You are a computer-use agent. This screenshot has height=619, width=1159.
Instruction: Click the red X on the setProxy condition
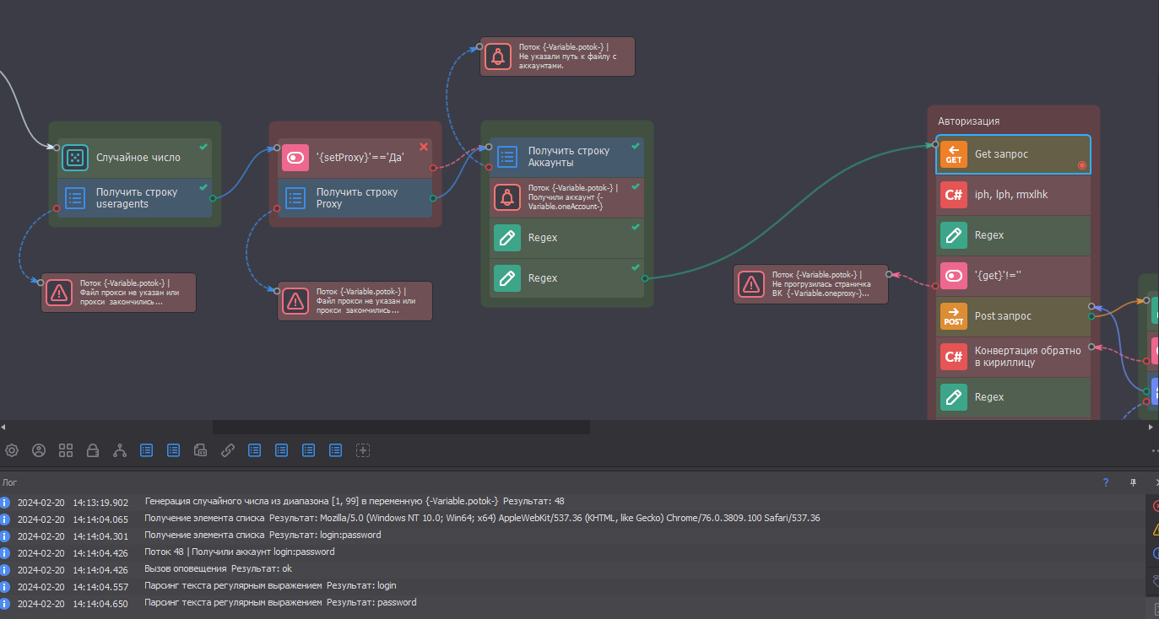[424, 147]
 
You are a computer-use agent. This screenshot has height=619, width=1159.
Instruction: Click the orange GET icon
[954, 154]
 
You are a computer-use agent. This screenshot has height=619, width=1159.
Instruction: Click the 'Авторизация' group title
[969, 121]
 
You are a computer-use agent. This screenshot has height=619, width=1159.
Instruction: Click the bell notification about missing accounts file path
[557, 57]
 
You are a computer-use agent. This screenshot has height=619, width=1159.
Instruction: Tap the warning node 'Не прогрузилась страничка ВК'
[810, 284]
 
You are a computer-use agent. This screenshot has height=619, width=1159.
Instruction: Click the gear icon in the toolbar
[12, 450]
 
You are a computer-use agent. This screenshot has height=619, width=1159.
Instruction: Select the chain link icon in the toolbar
[227, 450]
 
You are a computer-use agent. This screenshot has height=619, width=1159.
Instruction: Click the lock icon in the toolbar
[93, 450]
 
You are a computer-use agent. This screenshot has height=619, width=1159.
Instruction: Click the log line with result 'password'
[280, 603]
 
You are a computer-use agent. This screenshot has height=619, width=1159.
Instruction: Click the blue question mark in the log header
[1106, 482]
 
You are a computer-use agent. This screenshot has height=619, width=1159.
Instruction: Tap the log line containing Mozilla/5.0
[481, 519]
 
